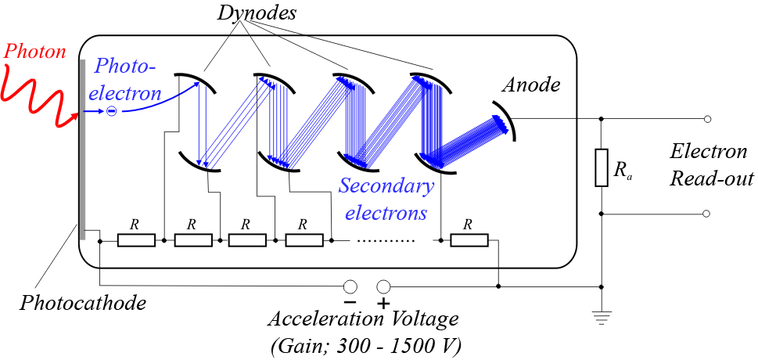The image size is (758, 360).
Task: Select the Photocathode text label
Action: click(83, 303)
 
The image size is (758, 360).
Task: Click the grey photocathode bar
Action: click(81, 149)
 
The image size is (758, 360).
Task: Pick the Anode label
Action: click(532, 85)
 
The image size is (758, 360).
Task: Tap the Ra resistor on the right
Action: click(601, 167)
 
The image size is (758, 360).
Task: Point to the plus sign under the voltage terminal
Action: click(383, 303)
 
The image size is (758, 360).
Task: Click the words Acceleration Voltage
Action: click(363, 320)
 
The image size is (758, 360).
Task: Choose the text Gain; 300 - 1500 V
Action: click(365, 344)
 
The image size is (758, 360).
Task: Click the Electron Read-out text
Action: click(711, 166)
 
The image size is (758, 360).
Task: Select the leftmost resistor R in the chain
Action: click(136, 239)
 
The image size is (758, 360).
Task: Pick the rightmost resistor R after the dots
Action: click(469, 239)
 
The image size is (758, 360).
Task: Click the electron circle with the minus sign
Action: click(111, 112)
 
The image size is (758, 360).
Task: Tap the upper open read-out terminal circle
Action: click(707, 119)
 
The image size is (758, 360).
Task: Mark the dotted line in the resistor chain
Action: click(386, 240)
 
